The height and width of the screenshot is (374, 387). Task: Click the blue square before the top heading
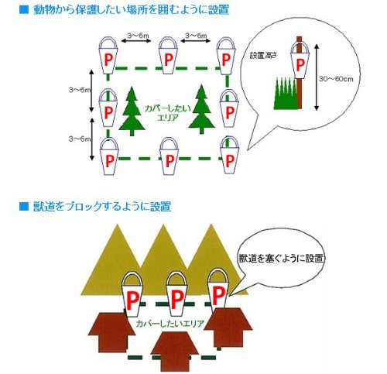coord(23,9)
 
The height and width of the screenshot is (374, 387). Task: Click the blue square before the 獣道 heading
coord(23,206)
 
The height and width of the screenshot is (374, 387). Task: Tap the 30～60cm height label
coord(336,79)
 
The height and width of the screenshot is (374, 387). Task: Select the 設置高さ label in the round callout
coord(263,55)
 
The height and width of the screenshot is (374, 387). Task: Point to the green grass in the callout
coord(286,94)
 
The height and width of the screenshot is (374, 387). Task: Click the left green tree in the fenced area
coord(132,112)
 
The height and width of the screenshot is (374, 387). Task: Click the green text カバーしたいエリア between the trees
coord(168,113)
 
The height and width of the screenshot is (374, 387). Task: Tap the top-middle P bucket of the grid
coord(168,56)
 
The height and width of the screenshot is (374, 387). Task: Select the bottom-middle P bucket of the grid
coord(169,156)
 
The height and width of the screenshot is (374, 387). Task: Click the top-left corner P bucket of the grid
coord(108,56)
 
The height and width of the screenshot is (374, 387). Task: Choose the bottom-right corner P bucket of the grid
coord(229,156)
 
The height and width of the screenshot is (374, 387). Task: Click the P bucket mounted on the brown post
coord(300,60)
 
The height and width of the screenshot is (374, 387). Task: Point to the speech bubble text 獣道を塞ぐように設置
coord(281,258)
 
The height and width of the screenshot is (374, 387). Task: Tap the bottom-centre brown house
coord(174,352)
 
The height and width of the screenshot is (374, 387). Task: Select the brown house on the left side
coord(111,332)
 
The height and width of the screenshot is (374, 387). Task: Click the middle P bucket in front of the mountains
coord(176,293)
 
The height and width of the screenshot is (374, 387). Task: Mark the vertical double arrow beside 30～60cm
coord(317,77)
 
